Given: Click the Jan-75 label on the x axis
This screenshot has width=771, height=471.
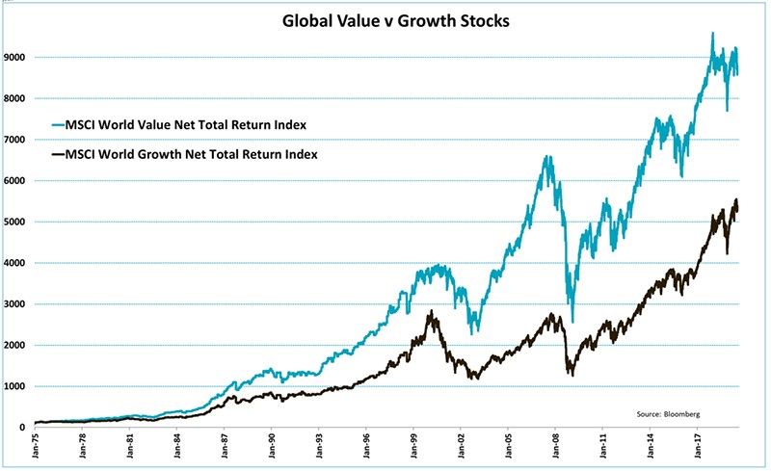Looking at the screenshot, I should click(x=36, y=447).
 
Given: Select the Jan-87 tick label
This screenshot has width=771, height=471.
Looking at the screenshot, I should click(x=225, y=447).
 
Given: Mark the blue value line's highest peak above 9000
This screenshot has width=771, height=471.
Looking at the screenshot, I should click(x=712, y=33).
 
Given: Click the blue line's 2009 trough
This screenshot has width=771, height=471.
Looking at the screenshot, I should click(x=572, y=321).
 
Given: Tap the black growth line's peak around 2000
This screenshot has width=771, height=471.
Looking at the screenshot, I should click(x=430, y=311).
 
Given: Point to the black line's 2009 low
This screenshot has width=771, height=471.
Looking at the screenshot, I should click(x=572, y=374).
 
